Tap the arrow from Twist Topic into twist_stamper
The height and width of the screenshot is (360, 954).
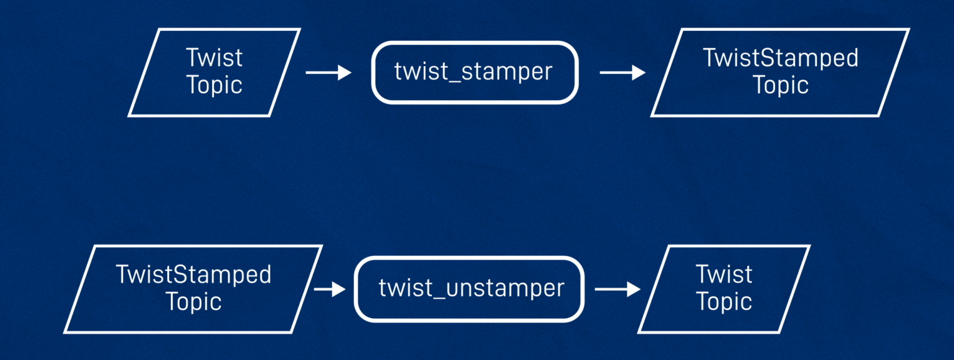[x=329, y=73]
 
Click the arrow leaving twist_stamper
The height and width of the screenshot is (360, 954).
[x=623, y=73]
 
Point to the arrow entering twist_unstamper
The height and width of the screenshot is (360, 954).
[x=330, y=289]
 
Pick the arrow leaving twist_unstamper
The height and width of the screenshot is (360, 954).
[x=618, y=289]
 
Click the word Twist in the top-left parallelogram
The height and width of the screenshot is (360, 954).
[x=214, y=58]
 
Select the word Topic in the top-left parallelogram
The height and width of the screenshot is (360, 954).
[x=214, y=85]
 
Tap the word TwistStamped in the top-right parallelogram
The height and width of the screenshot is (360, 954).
[x=781, y=58]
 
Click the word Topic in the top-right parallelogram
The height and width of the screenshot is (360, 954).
[x=781, y=85]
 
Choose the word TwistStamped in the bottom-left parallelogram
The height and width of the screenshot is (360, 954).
[x=193, y=274]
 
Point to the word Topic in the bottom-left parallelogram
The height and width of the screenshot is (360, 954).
[x=193, y=302]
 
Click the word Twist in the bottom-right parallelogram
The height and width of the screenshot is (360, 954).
[x=724, y=274]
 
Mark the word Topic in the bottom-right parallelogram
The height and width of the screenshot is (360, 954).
[x=724, y=302]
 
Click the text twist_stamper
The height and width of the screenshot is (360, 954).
[x=473, y=71]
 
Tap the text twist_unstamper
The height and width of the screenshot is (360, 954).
[x=471, y=288]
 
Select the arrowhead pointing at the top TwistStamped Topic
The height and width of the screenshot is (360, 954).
[x=639, y=73]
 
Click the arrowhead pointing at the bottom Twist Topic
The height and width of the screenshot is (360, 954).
[x=633, y=289]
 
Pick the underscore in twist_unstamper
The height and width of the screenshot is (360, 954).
[x=439, y=298]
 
